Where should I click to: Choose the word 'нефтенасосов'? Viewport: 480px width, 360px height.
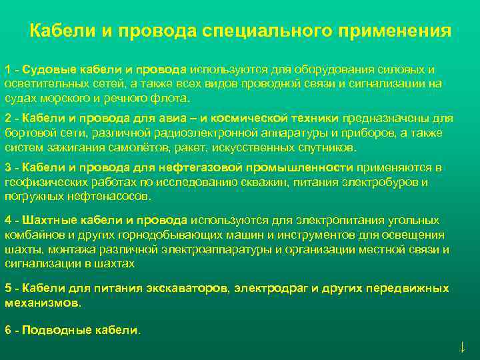click(x=114, y=196)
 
